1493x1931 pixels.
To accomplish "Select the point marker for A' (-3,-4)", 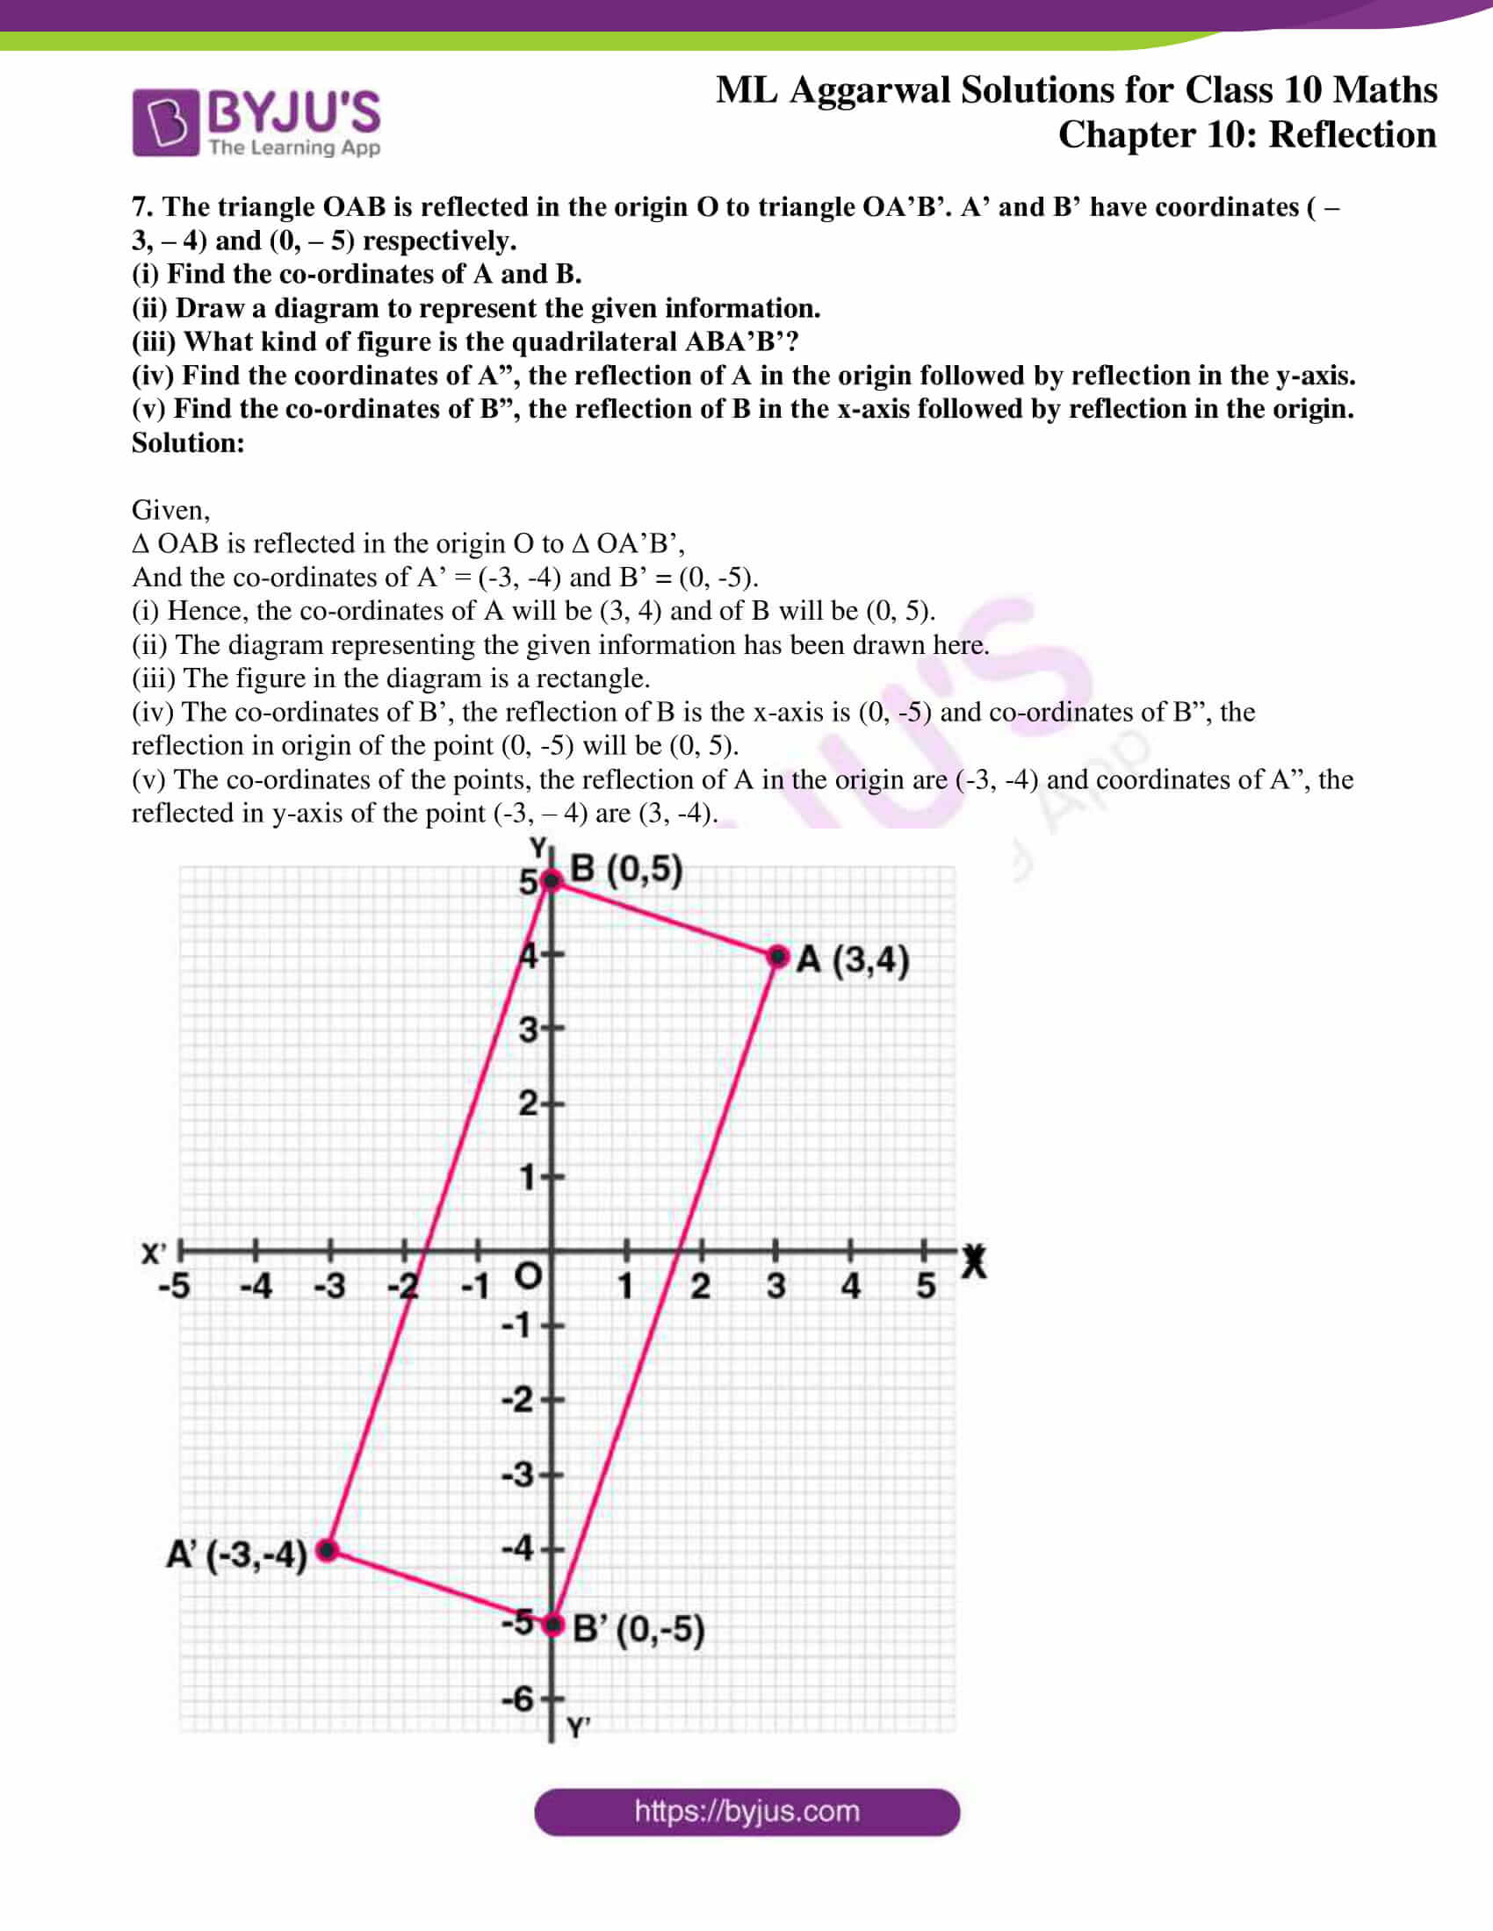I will (328, 1549).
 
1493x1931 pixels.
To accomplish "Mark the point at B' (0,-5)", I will (552, 1624).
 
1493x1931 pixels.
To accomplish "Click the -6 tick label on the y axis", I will (517, 1698).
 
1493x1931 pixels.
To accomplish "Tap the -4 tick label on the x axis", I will (256, 1286).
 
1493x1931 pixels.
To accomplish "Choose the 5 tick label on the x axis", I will (925, 1286).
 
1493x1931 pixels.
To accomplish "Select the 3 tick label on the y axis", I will (528, 1030).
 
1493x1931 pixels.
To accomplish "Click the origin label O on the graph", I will (528, 1276).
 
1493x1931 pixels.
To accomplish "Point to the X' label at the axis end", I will (154, 1253).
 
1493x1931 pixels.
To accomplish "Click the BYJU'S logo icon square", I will (165, 123).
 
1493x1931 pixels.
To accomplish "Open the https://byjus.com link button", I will (746, 1812).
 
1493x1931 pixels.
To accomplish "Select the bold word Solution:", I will (188, 443).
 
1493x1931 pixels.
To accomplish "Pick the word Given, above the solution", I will (170, 510).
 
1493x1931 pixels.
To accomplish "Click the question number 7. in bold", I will (142, 207).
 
